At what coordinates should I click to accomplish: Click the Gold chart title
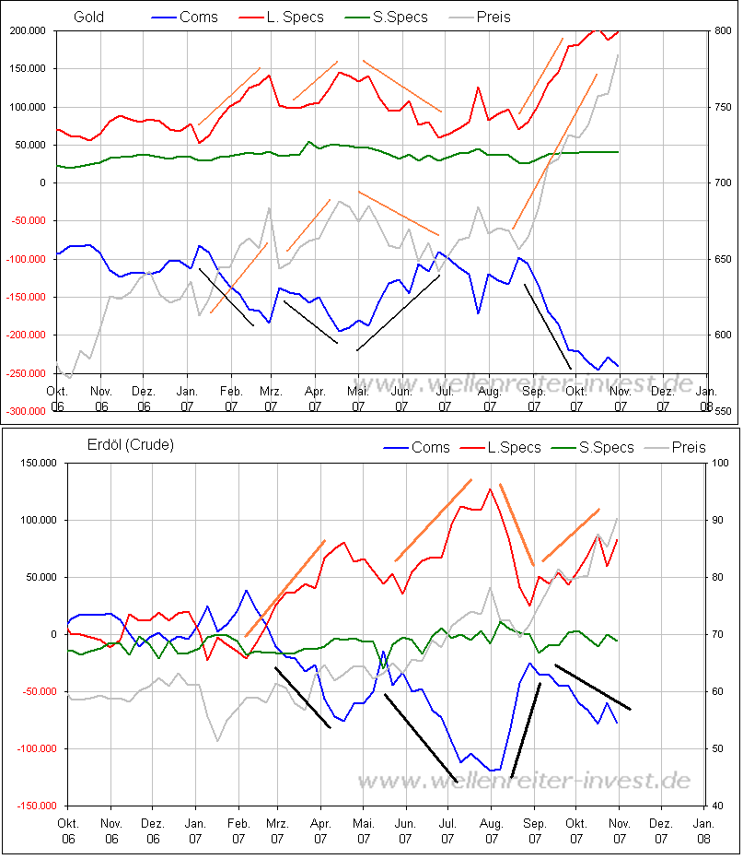point(88,17)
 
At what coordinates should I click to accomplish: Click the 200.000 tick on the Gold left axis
point(27,30)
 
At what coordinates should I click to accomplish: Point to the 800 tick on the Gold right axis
point(722,30)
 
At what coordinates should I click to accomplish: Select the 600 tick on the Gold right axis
point(722,335)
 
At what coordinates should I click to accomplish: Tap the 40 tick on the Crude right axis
point(719,806)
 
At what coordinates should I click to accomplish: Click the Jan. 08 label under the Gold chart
point(704,399)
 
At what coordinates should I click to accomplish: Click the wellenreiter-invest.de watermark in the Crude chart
point(523,781)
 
